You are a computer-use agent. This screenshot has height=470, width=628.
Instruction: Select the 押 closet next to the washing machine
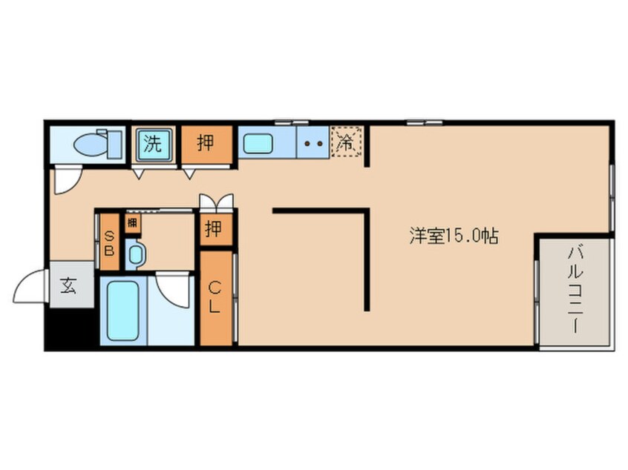click(207, 143)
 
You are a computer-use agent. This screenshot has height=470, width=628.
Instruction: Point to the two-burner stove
click(313, 144)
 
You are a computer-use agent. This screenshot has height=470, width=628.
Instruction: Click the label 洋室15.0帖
click(454, 236)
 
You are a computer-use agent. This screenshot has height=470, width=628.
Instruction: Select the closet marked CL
click(215, 298)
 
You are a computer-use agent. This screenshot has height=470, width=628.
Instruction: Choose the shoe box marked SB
click(109, 242)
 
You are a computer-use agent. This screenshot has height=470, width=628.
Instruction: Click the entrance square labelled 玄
click(70, 286)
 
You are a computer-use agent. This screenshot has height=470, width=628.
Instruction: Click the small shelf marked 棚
click(132, 222)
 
